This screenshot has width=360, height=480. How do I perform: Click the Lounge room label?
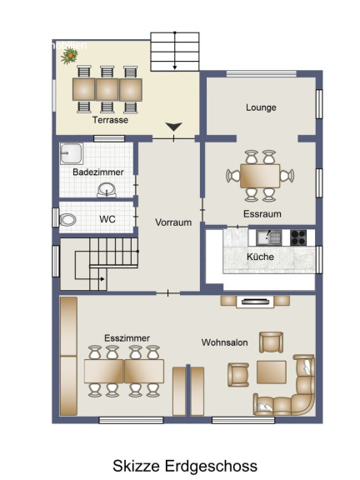pyautogui.click(x=261, y=107)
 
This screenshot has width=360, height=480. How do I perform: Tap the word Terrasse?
pyautogui.click(x=110, y=120)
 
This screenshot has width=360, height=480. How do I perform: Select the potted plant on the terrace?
pyautogui.click(x=69, y=56)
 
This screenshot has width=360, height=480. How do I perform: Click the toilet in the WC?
pyautogui.click(x=67, y=220)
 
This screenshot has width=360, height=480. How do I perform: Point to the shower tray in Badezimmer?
pyautogui.click(x=72, y=153)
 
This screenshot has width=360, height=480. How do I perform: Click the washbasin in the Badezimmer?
pyautogui.click(x=107, y=190)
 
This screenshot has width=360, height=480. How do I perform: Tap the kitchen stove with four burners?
pyautogui.click(x=298, y=237)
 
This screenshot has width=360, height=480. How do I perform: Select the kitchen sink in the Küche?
pyautogui.click(x=269, y=237)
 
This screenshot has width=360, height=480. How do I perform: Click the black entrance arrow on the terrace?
pyautogui.click(x=174, y=127)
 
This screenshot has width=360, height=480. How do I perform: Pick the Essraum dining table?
pyautogui.click(x=260, y=176)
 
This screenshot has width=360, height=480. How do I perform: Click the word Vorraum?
pyautogui.click(x=173, y=222)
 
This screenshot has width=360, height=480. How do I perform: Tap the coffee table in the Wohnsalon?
pyautogui.click(x=272, y=372)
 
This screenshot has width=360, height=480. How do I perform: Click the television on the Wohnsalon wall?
pyautogui.click(x=255, y=302)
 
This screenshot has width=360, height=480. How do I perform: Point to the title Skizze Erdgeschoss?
pyautogui.click(x=185, y=466)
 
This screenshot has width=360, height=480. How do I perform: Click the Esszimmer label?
pyautogui.click(x=127, y=338)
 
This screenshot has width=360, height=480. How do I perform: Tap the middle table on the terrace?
pyautogui.click(x=107, y=90)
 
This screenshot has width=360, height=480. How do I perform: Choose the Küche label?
pyautogui.click(x=260, y=257)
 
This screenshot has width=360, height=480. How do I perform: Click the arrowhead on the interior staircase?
pyautogui.click(x=102, y=279)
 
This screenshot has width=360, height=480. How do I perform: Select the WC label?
pyautogui.click(x=107, y=219)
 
